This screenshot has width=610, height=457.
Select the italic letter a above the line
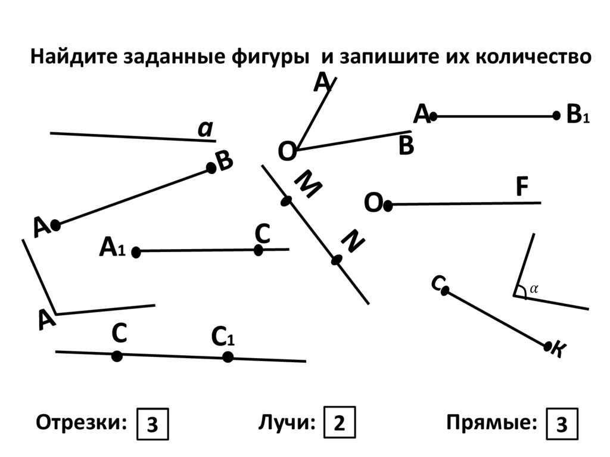pyautogui.click(x=206, y=129)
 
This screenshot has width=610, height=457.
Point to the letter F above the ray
pyautogui.click(x=522, y=188)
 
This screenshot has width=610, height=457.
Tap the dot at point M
pyautogui.click(x=287, y=201)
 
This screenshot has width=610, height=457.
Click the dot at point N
pyautogui.click(x=337, y=260)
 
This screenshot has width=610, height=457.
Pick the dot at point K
pyautogui.click(x=548, y=346)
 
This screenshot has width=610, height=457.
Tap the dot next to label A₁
pyautogui.click(x=136, y=252)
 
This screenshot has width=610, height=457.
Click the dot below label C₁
pyautogui.click(x=228, y=357)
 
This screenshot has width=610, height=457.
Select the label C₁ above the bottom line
pyautogui.click(x=223, y=338)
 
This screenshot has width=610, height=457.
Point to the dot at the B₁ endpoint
pyautogui.click(x=556, y=116)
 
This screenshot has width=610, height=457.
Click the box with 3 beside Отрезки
pyautogui.click(x=152, y=424)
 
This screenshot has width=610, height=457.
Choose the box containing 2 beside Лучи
pyautogui.click(x=339, y=424)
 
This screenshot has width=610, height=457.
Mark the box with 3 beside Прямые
pyautogui.click(x=561, y=424)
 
